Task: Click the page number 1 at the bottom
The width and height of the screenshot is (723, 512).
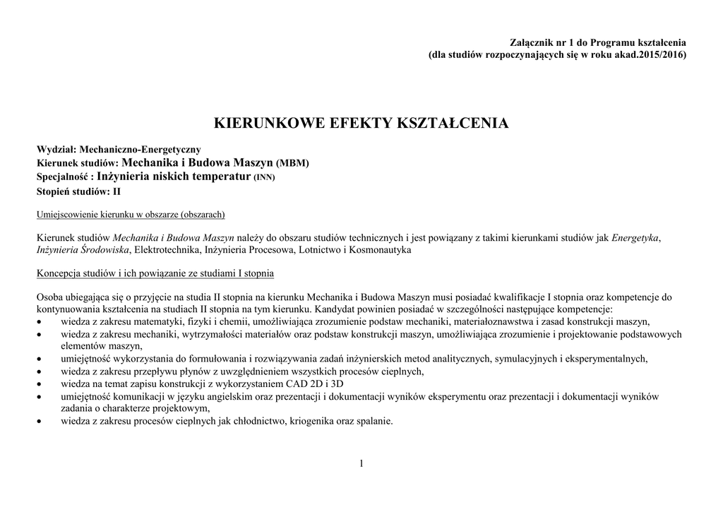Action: [x=361, y=463]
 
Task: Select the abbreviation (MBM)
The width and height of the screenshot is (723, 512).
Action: [x=292, y=164]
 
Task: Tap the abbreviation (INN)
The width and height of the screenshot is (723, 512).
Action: [x=264, y=178]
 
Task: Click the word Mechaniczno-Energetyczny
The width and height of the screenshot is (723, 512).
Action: [x=140, y=150]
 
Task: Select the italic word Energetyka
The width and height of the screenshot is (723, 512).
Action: [x=635, y=237]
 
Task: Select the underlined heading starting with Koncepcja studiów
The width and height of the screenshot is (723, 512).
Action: [x=155, y=273]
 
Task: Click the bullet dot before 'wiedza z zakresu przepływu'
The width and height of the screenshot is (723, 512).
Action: [x=40, y=371]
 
